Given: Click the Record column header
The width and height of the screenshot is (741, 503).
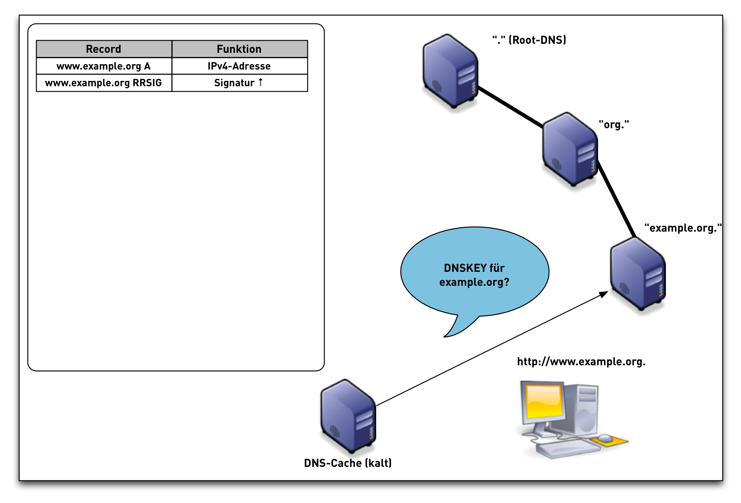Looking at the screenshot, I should [x=104, y=49].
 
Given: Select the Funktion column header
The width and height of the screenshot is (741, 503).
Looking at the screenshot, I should [x=239, y=49].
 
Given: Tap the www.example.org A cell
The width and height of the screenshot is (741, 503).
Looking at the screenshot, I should [x=104, y=66].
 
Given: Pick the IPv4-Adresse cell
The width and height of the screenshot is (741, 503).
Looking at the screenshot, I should [x=239, y=66].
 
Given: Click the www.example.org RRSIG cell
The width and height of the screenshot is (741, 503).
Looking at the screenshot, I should [x=104, y=83].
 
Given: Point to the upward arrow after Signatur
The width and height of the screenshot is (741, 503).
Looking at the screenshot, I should [x=260, y=82].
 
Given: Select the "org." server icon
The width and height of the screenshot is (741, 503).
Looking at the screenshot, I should [x=570, y=149].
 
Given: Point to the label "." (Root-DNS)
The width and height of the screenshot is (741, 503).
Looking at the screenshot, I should [x=529, y=40].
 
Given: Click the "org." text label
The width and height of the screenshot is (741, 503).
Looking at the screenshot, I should [x=614, y=125].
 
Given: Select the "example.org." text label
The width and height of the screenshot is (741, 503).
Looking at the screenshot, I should [x=683, y=228].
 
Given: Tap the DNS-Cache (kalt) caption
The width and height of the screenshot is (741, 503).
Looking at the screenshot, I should [x=348, y=463].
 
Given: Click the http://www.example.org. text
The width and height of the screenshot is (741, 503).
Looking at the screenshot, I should [x=581, y=362].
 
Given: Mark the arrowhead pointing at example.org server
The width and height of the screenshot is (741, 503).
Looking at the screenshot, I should [x=604, y=294].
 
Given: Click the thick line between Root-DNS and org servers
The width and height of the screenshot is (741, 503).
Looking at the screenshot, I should [x=510, y=107].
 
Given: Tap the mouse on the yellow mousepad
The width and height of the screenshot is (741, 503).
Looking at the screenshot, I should [x=605, y=438].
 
